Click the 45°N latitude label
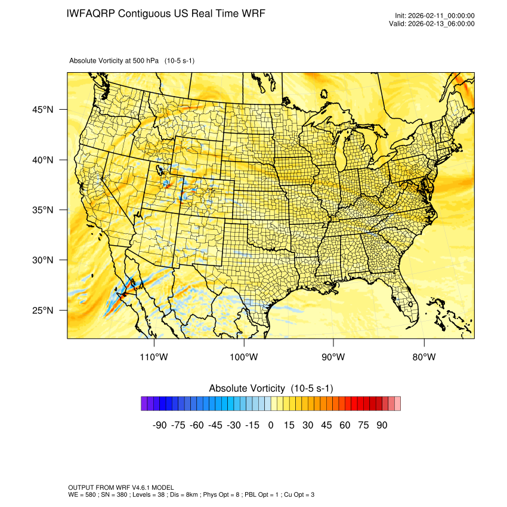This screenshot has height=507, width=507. pyautogui.click(x=44, y=110)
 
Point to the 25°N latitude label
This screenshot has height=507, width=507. pyautogui.click(x=44, y=311)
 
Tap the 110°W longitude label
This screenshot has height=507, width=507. pyautogui.click(x=154, y=357)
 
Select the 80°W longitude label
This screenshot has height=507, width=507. pyautogui.click(x=424, y=357)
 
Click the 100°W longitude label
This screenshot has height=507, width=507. pyautogui.click(x=244, y=357)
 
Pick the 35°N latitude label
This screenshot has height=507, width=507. pyautogui.click(x=44, y=211)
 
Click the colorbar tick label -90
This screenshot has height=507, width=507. pyautogui.click(x=159, y=425)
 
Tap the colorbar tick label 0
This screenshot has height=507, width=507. pyautogui.click(x=271, y=425)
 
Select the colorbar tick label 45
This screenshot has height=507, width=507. pyautogui.click(x=326, y=425)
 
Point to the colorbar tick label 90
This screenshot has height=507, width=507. pyautogui.click(x=382, y=425)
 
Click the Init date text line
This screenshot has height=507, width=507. pyautogui.click(x=434, y=16)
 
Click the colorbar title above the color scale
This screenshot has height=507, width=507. pyautogui.click(x=271, y=388)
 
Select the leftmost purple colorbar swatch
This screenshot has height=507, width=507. pyautogui.click(x=144, y=404)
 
